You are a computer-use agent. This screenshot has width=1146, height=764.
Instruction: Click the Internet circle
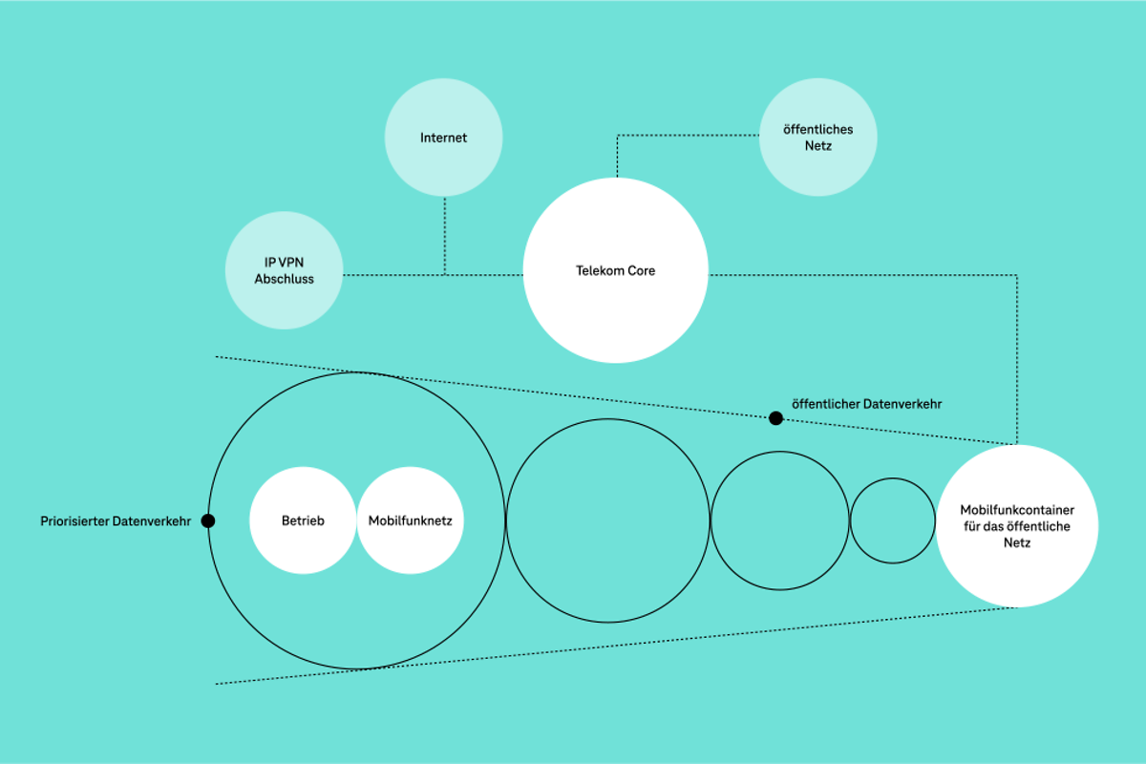tap(443, 138)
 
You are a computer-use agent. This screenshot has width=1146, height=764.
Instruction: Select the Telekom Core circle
tap(616, 270)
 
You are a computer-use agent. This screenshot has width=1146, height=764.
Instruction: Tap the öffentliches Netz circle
tap(817, 138)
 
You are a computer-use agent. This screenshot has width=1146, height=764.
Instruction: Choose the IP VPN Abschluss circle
tap(284, 270)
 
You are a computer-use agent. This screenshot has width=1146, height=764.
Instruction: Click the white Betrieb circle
tap(303, 520)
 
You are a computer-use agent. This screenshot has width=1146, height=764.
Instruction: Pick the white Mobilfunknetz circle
tap(411, 520)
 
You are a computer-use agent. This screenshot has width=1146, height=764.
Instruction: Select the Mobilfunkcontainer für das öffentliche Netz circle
tap(1017, 525)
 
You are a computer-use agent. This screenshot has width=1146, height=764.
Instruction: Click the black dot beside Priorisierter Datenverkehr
tap(208, 520)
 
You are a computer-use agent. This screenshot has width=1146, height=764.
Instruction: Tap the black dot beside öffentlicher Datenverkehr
tap(776, 417)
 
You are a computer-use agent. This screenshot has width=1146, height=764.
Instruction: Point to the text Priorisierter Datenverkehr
tap(116, 521)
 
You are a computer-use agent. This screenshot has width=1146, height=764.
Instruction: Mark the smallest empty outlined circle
tap(893, 520)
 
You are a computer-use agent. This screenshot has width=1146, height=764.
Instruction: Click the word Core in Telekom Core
tap(642, 271)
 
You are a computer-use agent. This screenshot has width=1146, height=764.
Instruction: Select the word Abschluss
tap(284, 279)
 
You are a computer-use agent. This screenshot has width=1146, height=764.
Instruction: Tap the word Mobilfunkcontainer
tap(1017, 510)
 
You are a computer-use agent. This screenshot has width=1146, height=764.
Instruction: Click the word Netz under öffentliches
tap(818, 146)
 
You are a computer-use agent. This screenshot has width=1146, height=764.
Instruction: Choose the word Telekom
tap(600, 271)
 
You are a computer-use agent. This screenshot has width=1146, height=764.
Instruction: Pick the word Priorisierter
tap(74, 521)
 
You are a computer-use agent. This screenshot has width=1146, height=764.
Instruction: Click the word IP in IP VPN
tap(269, 262)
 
